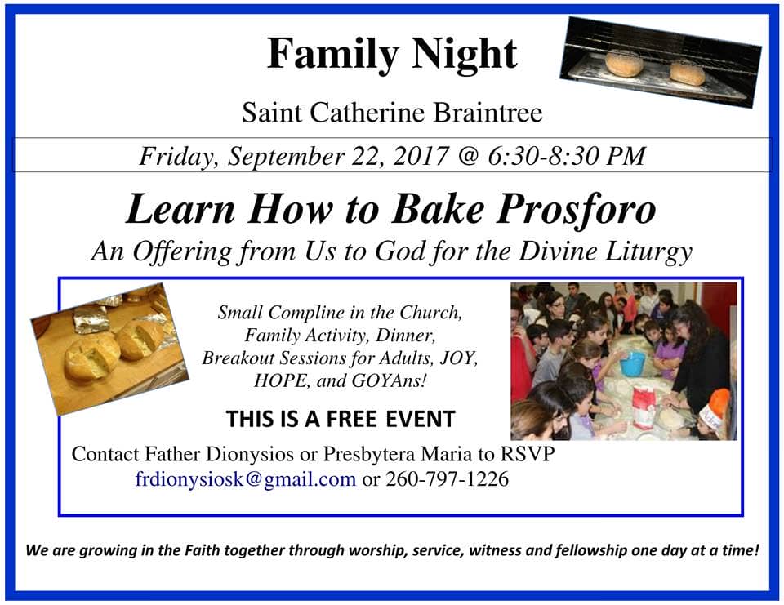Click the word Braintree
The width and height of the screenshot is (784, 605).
[x=488, y=113]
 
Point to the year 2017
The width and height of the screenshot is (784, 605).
[x=421, y=156]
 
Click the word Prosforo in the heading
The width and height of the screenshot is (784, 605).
[x=576, y=210]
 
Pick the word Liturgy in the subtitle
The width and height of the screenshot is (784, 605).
[x=648, y=252]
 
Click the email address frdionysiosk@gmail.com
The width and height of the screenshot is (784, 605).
[x=246, y=479]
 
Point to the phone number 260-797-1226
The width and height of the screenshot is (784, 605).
[x=447, y=479]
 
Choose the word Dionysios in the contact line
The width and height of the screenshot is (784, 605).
[x=250, y=455]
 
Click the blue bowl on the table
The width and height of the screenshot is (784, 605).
[x=633, y=363]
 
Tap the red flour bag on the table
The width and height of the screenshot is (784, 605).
[x=644, y=407]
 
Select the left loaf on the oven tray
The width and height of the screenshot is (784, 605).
[x=623, y=64]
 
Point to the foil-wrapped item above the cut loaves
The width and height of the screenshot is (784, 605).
[x=91, y=318]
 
